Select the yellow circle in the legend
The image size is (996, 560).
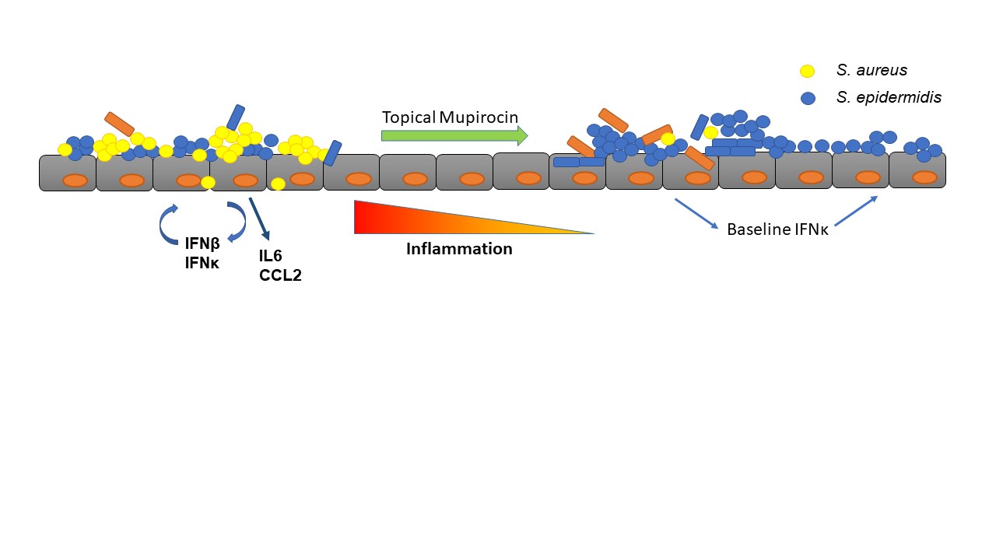pyautogui.click(x=808, y=72)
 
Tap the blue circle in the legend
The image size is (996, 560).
pyautogui.click(x=808, y=99)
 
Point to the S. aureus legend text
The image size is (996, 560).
pyautogui.click(x=871, y=71)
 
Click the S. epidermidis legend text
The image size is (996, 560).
pyautogui.click(x=889, y=98)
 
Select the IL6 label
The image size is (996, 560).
pyautogui.click(x=271, y=255)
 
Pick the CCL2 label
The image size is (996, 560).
pyautogui.click(x=280, y=275)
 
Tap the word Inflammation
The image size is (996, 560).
pyautogui.click(x=459, y=250)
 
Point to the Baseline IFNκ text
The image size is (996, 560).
pyautogui.click(x=777, y=230)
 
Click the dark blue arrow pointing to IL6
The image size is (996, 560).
pyautogui.click(x=259, y=219)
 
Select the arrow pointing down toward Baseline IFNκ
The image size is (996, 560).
pyautogui.click(x=696, y=214)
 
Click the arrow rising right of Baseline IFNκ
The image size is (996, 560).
pyautogui.click(x=856, y=210)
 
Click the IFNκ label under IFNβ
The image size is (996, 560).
pyautogui.click(x=202, y=264)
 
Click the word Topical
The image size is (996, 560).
pyautogui.click(x=409, y=117)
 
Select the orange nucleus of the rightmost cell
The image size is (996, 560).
pyautogui.click(x=924, y=177)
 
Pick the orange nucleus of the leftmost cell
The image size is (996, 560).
pyautogui.click(x=75, y=180)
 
